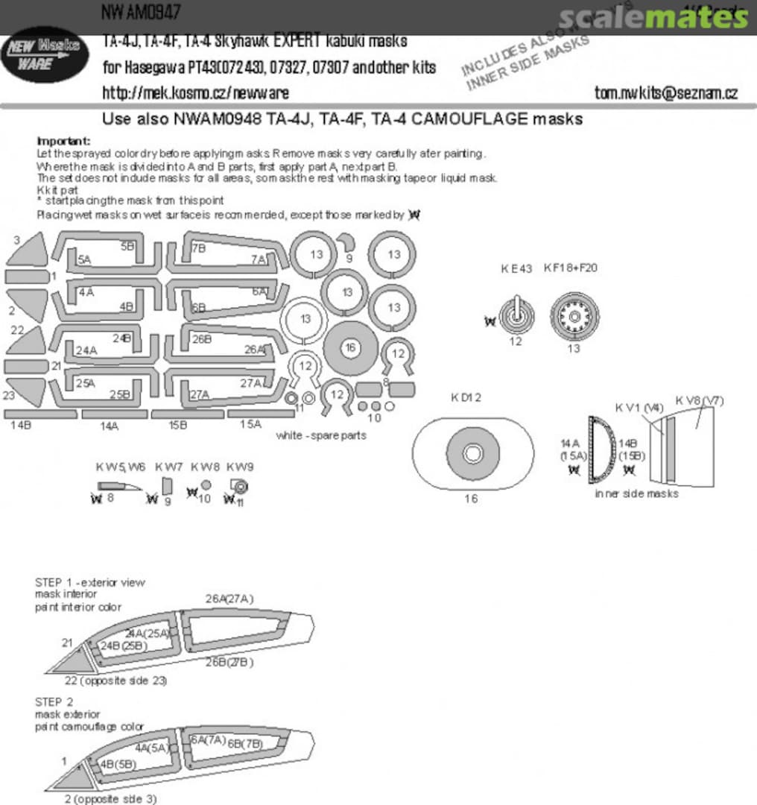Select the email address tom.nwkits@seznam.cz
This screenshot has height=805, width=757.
pyautogui.click(x=666, y=93)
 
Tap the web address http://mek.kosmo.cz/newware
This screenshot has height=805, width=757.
pyautogui.click(x=195, y=93)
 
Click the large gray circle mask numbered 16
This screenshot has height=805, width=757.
pyautogui.click(x=350, y=348)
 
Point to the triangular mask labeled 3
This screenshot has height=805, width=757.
pyautogui.click(x=30, y=250)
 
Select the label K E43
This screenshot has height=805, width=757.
pyautogui.click(x=516, y=268)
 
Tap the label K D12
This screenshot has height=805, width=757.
pyautogui.click(x=466, y=397)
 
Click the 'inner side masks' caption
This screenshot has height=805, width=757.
pyautogui.click(x=637, y=493)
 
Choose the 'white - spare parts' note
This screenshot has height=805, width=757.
pyautogui.click(x=321, y=435)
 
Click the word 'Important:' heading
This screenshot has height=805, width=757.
pyautogui.click(x=63, y=141)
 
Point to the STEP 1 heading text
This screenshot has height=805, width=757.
pyautogui.click(x=90, y=582)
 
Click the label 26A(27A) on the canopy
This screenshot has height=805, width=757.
pyautogui.click(x=229, y=599)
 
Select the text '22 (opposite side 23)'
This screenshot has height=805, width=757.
pyautogui.click(x=115, y=681)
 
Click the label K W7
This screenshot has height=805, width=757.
pyautogui.click(x=169, y=467)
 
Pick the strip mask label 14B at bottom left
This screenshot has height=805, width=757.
pyautogui.click(x=21, y=426)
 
